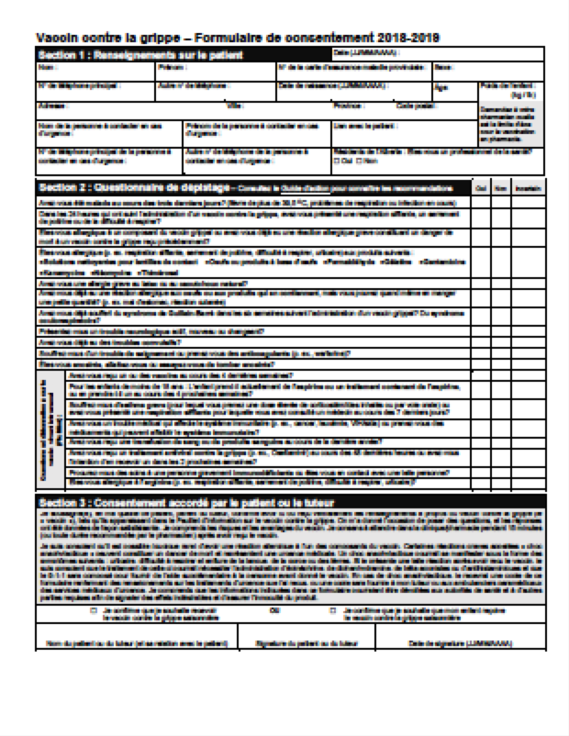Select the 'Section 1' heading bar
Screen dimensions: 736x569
click(138, 54)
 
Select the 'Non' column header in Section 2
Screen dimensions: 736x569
click(501, 188)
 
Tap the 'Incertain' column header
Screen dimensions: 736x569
click(529, 188)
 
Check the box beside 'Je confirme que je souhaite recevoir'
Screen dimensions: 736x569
click(94, 608)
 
